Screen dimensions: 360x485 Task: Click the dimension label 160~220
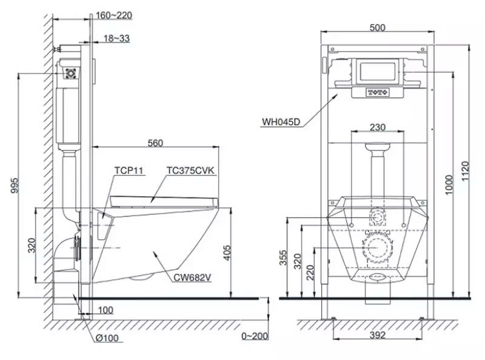pos(115,15)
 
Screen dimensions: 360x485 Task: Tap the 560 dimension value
pos(156,143)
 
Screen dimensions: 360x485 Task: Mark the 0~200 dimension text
pos(254,335)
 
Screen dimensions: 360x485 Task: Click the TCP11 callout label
pos(129,171)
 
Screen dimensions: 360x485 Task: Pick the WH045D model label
pos(281,121)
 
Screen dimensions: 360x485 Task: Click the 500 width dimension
pos(377,27)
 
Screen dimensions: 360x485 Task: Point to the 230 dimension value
pos(377,128)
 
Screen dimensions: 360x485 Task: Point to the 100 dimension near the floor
pos(105,310)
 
